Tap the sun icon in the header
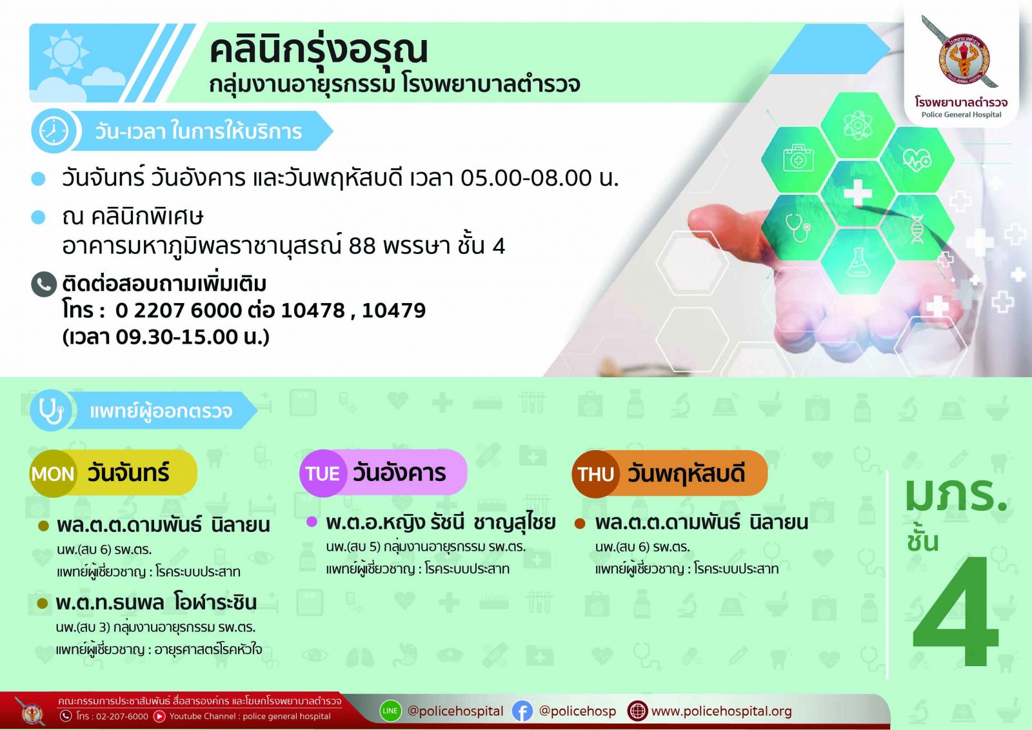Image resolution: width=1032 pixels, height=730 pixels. coord(66,52)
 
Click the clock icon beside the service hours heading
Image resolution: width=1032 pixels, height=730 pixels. coord(54,132)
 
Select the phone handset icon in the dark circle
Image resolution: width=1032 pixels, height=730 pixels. coord(44,284)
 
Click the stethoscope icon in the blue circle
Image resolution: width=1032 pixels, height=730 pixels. coord(51,410)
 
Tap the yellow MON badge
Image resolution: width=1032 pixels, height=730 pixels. coord(52,473)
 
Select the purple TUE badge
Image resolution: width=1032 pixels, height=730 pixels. coord(322,473)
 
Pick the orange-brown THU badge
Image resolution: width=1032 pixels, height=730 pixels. coord(595,474)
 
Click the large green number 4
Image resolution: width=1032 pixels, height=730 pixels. coord(956,611)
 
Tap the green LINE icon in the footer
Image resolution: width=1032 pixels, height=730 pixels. coord(390,711)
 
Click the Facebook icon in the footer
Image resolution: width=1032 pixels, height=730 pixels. coord(522,711)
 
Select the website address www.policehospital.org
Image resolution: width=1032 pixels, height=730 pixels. coord(722,711)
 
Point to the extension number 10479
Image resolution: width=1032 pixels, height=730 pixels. coord(394,310)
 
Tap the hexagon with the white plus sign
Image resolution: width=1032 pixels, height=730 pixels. coord(857,193)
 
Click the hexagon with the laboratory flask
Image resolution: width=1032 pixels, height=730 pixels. coord(857,261)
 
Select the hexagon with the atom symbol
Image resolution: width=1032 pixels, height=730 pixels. coord(857,125)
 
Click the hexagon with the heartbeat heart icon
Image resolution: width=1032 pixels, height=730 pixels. coord(917,159)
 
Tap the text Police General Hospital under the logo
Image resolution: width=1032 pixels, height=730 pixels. coord(962,115)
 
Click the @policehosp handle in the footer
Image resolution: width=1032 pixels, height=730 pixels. coord(577,711)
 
